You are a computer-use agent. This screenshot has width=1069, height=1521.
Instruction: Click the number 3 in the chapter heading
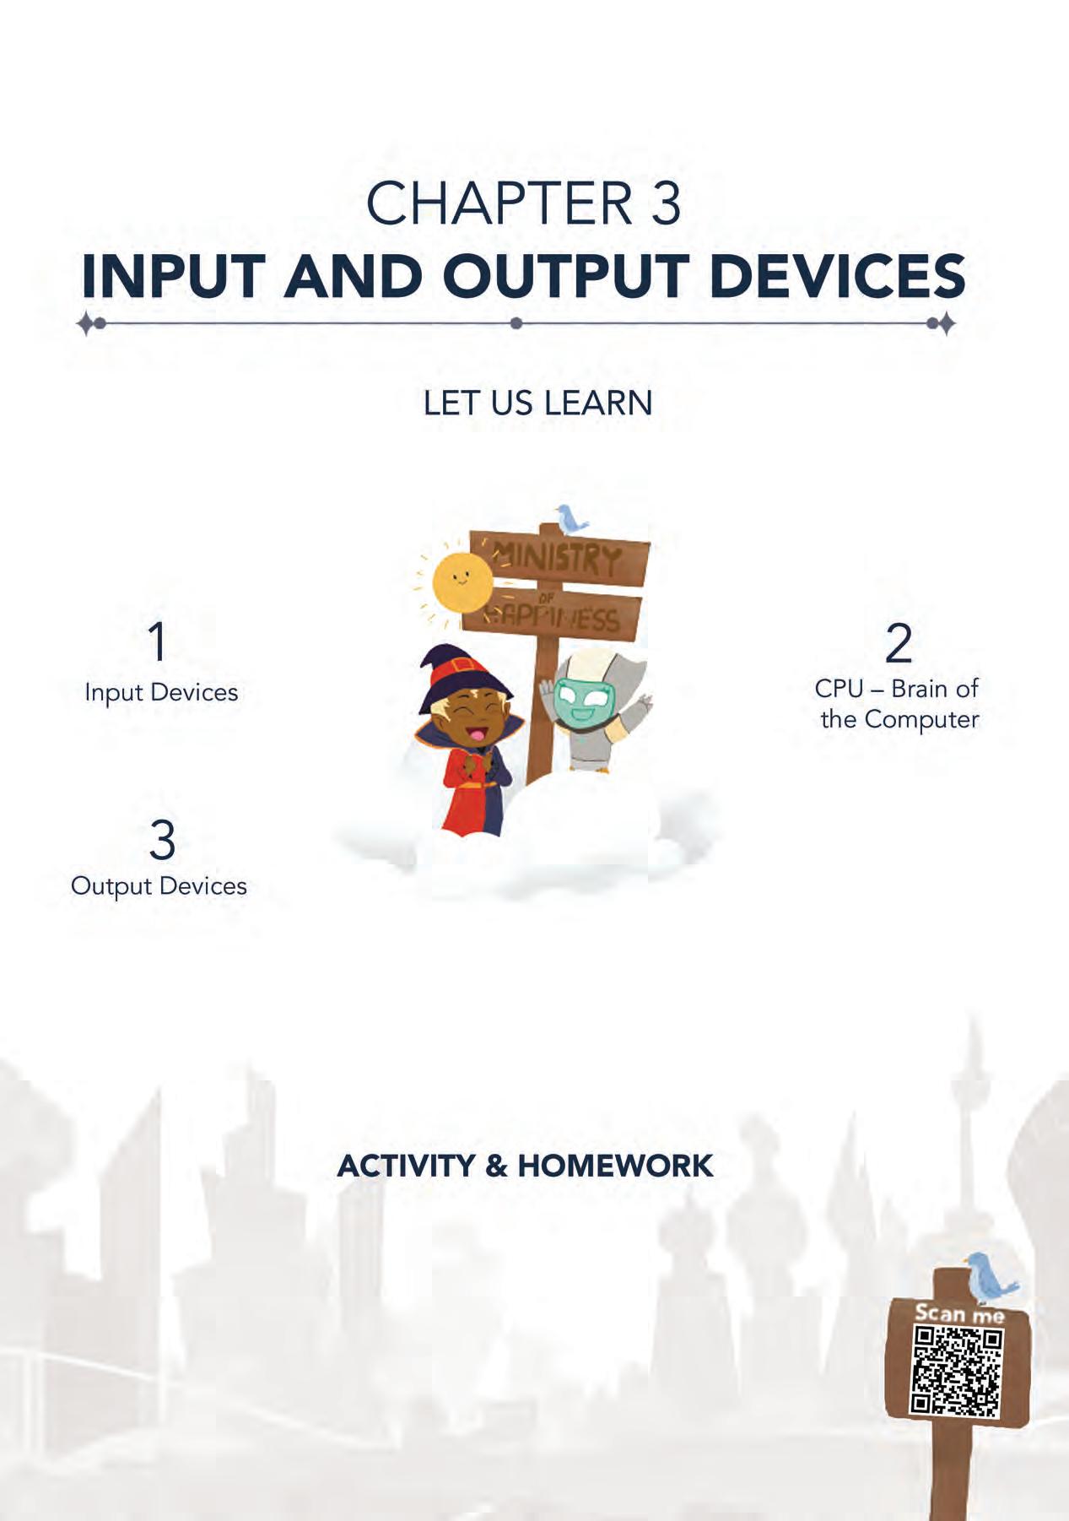666,203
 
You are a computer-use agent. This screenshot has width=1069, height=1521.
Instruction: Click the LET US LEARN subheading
537,403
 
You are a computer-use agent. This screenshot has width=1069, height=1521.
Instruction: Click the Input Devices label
161,693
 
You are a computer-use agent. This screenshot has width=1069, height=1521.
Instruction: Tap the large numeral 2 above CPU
899,643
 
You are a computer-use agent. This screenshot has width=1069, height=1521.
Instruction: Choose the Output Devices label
159,886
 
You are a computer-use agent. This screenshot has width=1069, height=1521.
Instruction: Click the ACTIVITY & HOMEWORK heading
525,1166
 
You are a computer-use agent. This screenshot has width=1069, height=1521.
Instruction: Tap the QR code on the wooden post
956,1372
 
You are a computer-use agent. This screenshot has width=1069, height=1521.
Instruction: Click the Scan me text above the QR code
960,1314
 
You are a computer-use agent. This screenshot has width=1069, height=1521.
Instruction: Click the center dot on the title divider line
516,322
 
